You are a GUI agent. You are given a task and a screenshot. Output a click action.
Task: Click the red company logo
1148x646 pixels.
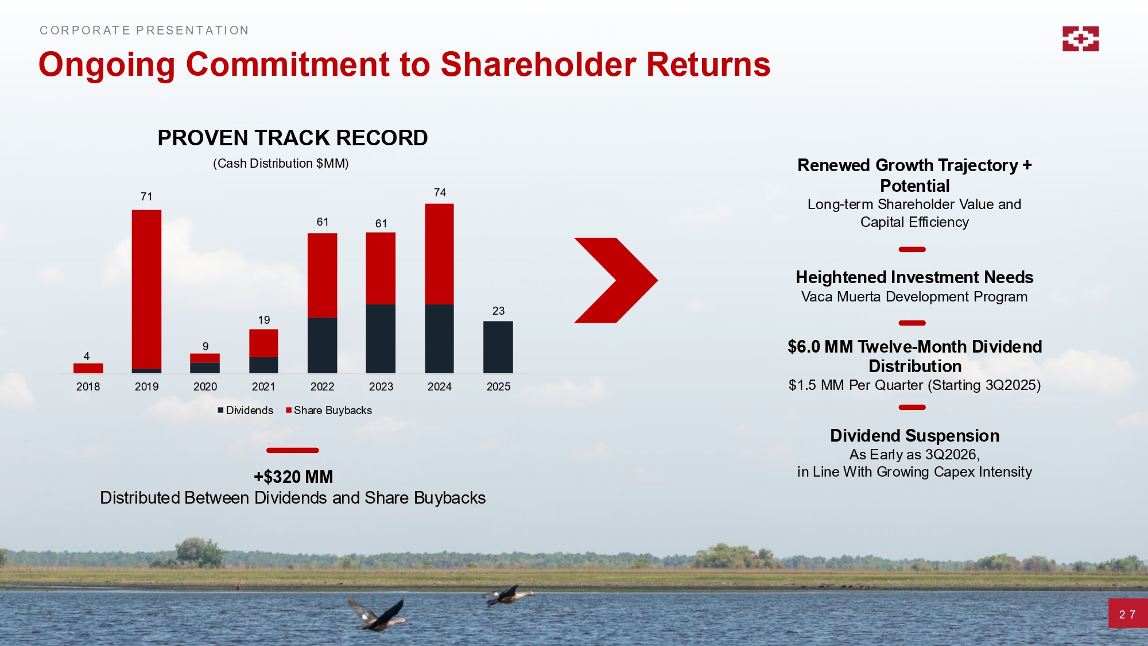(x=1080, y=38)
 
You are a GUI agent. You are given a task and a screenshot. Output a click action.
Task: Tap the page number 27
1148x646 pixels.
(x=1127, y=614)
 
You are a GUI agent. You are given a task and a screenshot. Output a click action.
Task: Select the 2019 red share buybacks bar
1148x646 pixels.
(x=146, y=289)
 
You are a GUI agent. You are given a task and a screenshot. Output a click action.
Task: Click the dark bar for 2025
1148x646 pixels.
(x=498, y=347)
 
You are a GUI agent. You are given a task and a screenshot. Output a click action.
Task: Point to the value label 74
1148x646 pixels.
(x=440, y=192)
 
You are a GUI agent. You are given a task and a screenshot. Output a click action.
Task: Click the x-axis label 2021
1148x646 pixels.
(x=263, y=386)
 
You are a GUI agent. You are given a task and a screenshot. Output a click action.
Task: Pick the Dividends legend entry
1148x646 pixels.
(x=245, y=410)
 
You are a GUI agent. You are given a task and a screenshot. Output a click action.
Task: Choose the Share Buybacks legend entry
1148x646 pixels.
(x=329, y=410)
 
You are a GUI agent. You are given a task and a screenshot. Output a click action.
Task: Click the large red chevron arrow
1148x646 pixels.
(x=616, y=280)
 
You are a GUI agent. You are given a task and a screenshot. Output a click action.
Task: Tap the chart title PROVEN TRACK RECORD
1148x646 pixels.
(x=293, y=138)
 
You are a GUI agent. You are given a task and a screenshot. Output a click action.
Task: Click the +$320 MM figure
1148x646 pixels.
(x=293, y=477)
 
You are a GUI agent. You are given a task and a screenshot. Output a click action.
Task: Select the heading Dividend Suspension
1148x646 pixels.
(x=915, y=435)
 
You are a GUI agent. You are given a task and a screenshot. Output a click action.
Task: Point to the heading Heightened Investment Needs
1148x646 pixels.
(x=914, y=277)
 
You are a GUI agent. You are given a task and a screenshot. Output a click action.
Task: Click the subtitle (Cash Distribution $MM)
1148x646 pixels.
(x=281, y=164)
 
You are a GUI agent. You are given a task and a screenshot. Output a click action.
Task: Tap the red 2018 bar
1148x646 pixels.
(x=88, y=369)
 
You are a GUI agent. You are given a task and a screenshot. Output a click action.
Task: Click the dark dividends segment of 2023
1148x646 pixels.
(x=381, y=339)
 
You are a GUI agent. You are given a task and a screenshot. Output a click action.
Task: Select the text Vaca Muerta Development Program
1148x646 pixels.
(x=914, y=297)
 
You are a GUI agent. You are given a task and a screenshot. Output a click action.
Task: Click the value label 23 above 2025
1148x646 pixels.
(x=498, y=311)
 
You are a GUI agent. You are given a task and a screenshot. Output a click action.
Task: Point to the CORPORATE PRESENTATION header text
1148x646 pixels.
(x=144, y=30)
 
